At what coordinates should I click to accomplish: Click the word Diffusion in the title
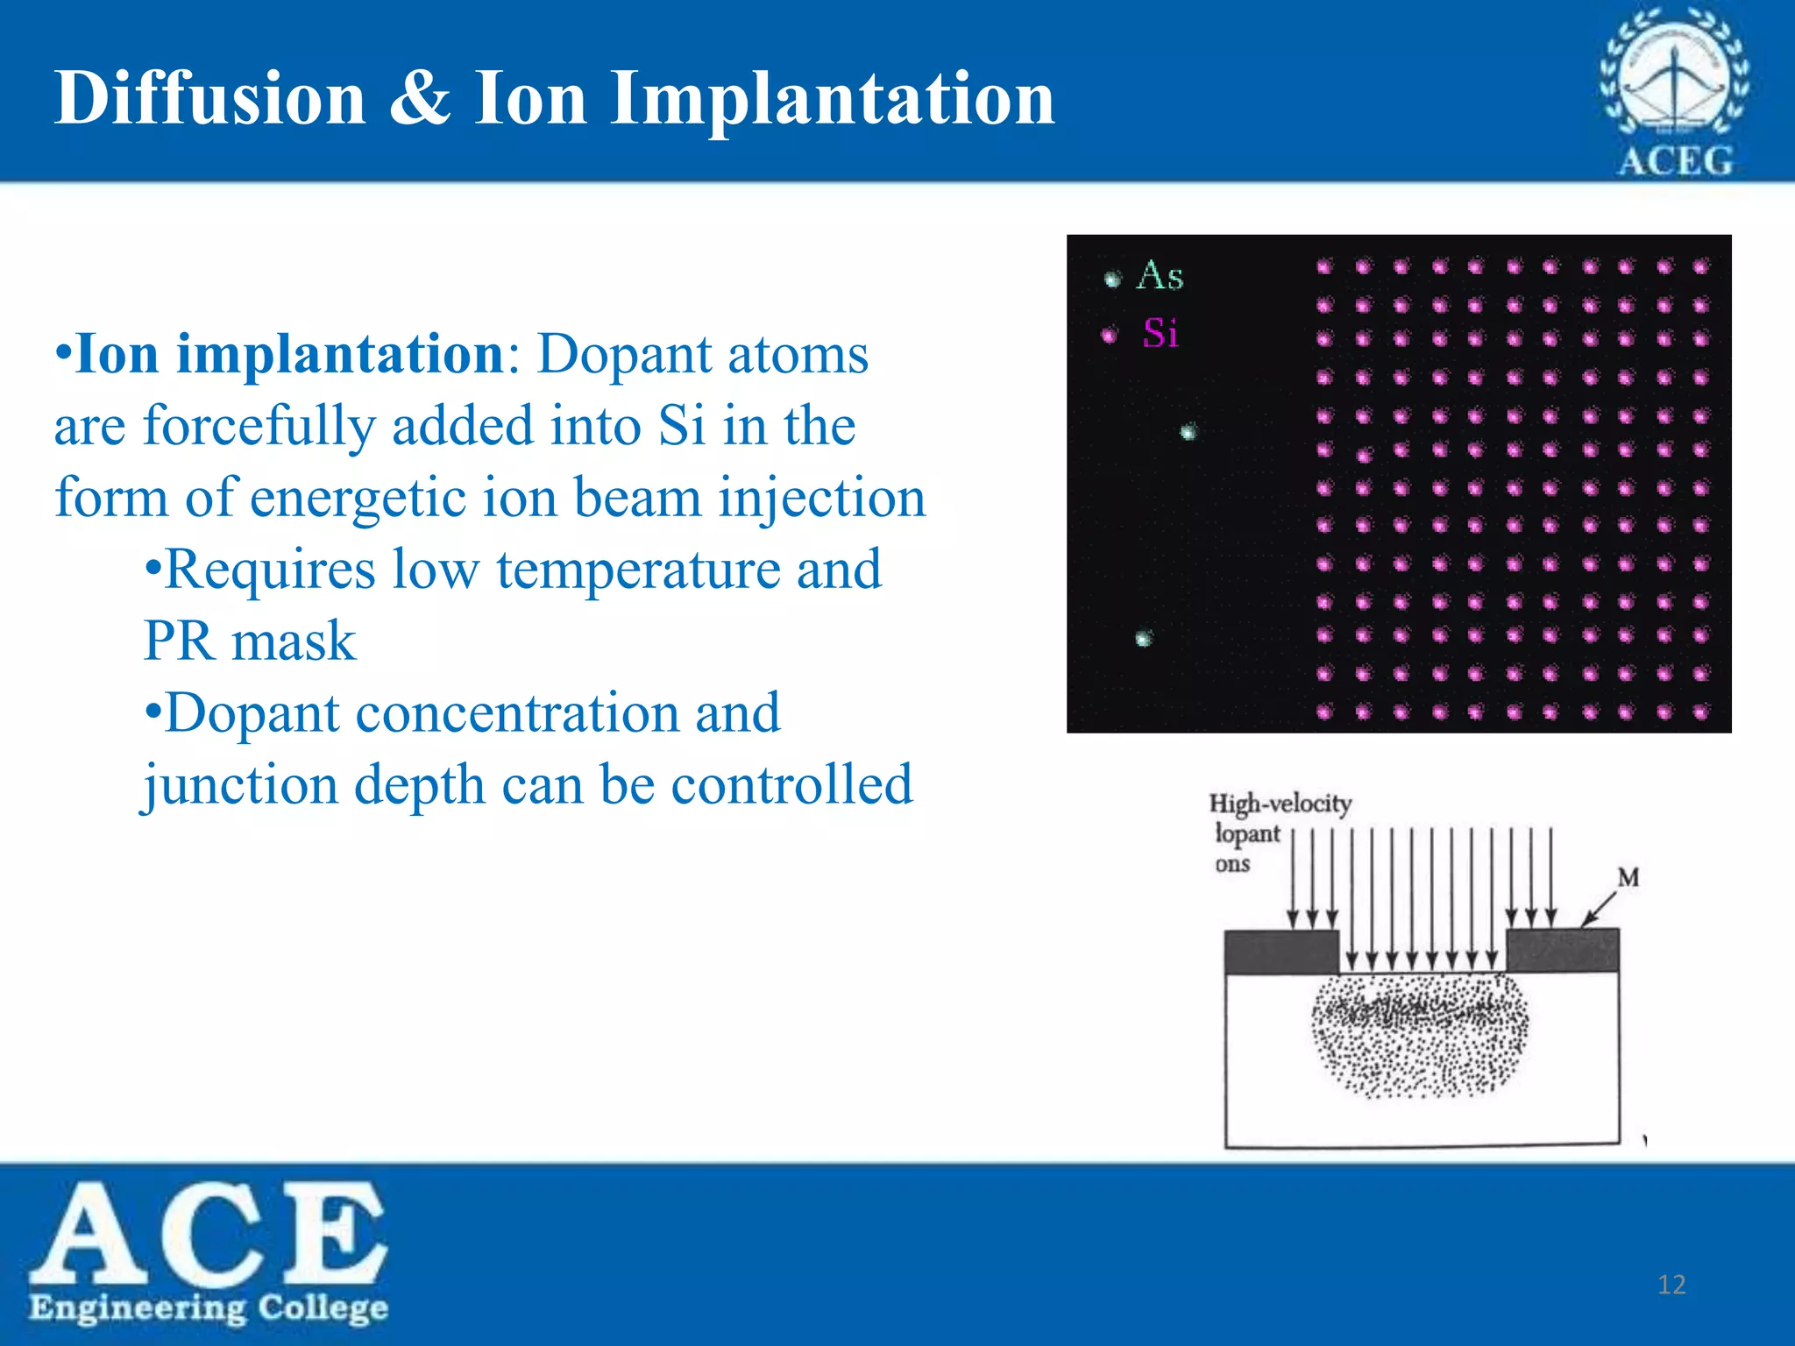[x=209, y=98]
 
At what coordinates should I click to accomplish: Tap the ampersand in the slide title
[x=420, y=98]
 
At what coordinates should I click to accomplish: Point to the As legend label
[x=1160, y=276]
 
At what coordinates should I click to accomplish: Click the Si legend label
[x=1160, y=334]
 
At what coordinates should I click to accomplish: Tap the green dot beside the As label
[x=1113, y=280]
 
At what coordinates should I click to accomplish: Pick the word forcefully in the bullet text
[x=259, y=428]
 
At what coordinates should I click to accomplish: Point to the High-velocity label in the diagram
[x=1280, y=804]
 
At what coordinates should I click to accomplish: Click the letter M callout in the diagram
[x=1628, y=877]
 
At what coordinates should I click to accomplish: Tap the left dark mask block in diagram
[x=1281, y=952]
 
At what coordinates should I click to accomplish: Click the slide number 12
[x=1671, y=1285]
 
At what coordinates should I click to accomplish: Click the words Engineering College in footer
[x=209, y=1308]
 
